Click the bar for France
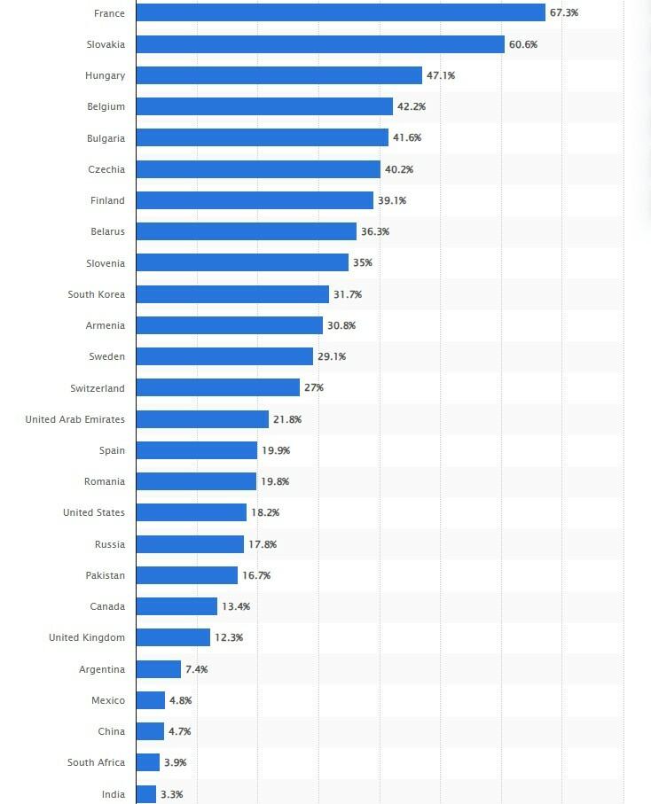pos(341,12)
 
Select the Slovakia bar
pos(320,44)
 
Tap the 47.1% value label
pos(441,75)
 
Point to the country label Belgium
pos(106,106)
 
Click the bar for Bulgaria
pos(263,137)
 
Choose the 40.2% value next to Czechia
pos(399,169)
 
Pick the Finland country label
pos(107,200)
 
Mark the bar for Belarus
pos(247,231)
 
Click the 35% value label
pos(363,263)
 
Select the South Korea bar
pos(232,294)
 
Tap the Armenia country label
pos(105,325)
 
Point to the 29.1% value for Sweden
pos(332,356)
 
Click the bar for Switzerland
pos(218,387)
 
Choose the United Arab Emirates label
pos(75,419)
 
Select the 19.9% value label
pos(276,450)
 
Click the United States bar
pos(192,512)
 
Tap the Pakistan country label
pos(105,575)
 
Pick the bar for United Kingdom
pos(173,637)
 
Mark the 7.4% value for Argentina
pos(196,669)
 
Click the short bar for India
pos(146,794)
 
